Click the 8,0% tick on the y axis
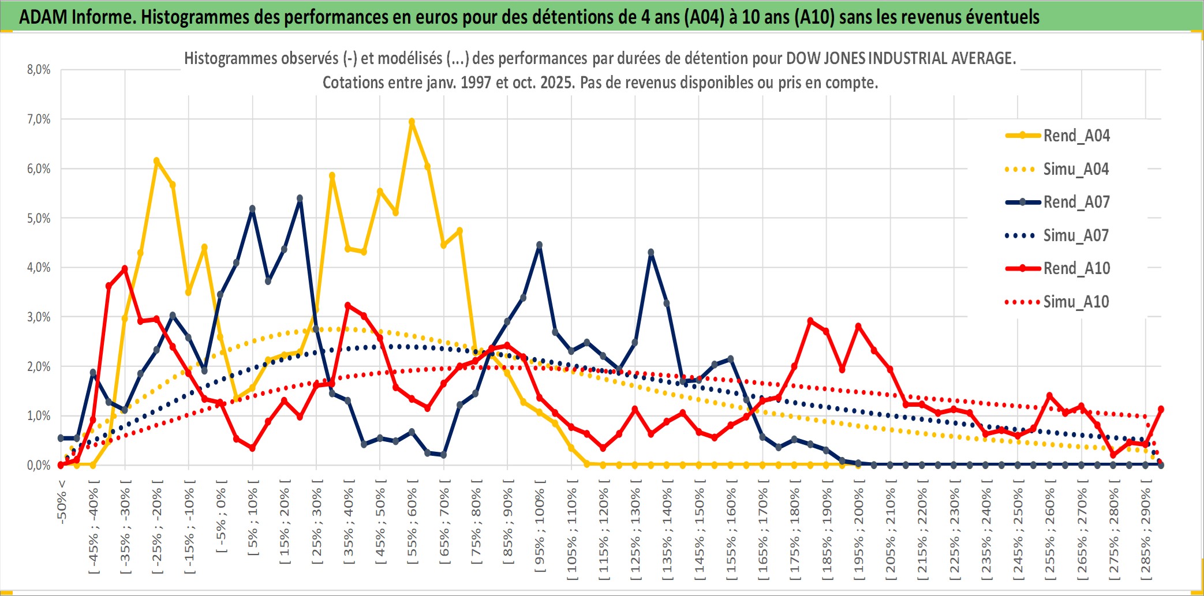[39, 70]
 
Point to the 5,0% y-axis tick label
[39, 218]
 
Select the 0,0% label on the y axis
[39, 465]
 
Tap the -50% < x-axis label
[62, 501]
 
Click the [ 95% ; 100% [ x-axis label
[540, 530]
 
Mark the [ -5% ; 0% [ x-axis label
[221, 516]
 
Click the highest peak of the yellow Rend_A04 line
[412, 122]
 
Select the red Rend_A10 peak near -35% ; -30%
[125, 269]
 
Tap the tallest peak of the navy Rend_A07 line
[300, 198]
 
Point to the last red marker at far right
[1161, 409]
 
